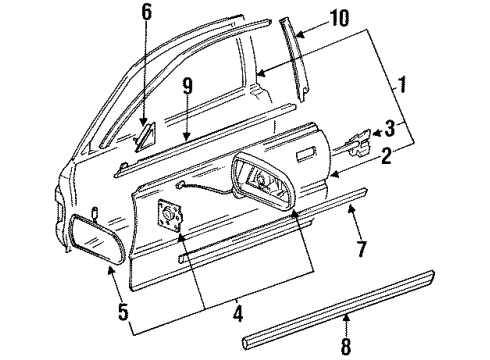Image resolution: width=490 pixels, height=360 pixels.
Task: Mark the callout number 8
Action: pyautogui.click(x=345, y=346)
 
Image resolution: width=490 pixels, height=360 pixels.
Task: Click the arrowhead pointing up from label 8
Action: pyautogui.click(x=345, y=315)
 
